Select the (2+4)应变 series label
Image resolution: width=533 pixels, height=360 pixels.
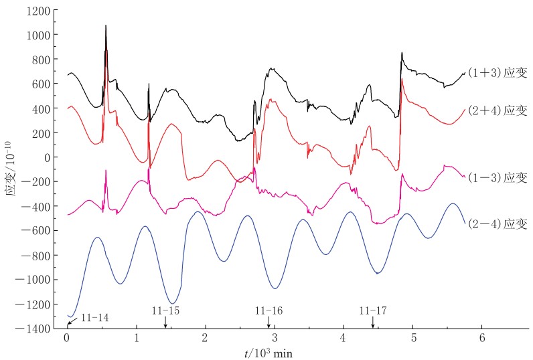[x=498, y=110]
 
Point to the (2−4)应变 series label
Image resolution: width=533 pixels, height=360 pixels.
[x=498, y=224]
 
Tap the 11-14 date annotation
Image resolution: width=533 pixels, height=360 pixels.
[x=94, y=317]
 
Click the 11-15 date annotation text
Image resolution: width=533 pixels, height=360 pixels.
[x=165, y=310]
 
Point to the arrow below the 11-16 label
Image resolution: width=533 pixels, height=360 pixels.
[x=269, y=322]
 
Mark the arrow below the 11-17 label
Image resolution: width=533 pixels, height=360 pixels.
[x=373, y=322]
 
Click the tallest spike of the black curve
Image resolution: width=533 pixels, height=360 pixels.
[x=106, y=26]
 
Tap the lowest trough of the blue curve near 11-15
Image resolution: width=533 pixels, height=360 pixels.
[x=173, y=303]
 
